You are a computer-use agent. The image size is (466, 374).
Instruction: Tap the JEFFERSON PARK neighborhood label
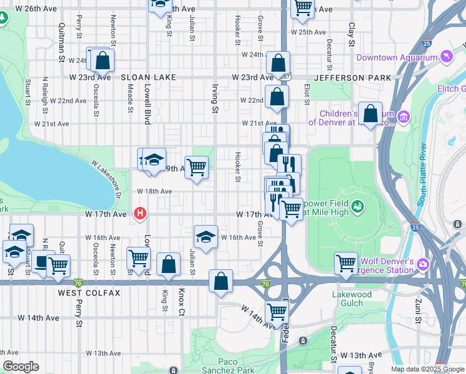click(353, 77)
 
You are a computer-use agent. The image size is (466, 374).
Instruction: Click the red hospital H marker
click(141, 214)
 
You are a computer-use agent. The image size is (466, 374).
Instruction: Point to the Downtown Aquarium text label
click(396, 58)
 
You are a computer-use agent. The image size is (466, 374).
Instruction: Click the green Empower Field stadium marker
click(358, 204)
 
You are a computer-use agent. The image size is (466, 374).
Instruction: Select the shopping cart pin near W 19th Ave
click(197, 166)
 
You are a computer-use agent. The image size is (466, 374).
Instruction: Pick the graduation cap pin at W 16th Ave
click(206, 236)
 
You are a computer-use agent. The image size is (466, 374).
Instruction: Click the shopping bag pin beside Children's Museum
click(370, 114)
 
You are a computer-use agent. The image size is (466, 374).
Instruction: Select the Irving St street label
click(214, 100)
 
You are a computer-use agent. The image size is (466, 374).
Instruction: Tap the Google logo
click(21, 367)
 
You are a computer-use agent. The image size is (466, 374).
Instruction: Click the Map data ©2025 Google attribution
click(427, 369)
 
